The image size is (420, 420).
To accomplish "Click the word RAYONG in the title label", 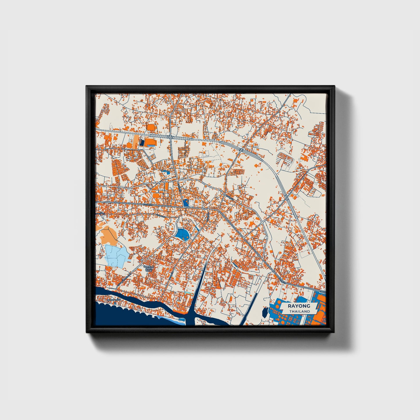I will coord(299,306).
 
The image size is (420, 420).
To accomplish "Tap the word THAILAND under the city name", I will coord(299,311).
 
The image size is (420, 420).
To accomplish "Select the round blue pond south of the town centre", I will coord(182,233).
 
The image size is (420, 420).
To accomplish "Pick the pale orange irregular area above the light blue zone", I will coord(108,234).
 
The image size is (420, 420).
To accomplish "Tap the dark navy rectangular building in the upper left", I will coord(142,142).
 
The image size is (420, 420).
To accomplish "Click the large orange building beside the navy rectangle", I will coord(150,142).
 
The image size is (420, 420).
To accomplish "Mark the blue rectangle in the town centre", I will coord(186,203).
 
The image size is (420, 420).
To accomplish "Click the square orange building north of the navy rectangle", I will coord(151,128).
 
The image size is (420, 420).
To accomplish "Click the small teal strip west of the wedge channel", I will coord(189,293).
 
